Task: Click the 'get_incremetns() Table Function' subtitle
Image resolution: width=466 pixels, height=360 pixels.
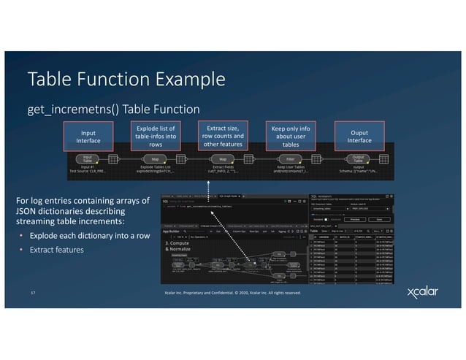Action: point(113,110)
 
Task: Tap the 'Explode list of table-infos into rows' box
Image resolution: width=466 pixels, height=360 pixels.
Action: point(156,135)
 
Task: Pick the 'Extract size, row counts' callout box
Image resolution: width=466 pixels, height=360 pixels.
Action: point(223,134)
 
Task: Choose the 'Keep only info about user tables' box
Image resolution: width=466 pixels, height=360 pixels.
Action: point(289,135)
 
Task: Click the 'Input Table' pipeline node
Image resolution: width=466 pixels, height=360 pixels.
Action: point(87,158)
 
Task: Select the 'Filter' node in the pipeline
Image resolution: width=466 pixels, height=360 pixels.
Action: point(290,158)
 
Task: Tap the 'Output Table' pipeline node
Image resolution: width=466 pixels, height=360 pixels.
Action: point(358,158)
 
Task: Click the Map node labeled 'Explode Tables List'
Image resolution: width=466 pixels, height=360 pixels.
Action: point(155,158)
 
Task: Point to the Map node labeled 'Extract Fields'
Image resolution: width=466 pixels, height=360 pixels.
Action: point(223,158)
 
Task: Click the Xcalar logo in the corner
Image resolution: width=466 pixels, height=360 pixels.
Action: point(424,293)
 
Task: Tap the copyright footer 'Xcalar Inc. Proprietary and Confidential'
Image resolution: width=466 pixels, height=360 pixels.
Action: point(232,293)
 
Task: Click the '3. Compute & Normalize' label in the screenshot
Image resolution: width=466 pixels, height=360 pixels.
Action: point(179,245)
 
